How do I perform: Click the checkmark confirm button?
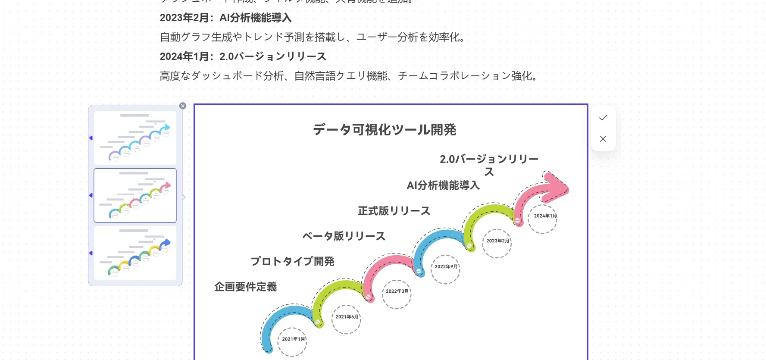[603, 118]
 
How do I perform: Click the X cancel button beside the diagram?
[603, 139]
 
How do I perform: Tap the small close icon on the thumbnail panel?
[183, 106]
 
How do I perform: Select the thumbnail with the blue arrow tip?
[135, 138]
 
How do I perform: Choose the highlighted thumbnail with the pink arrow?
[135, 195]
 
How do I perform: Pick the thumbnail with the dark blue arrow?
[135, 253]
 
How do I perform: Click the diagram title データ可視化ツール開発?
[385, 130]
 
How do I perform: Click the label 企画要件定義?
[246, 287]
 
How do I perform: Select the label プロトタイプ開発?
[293, 261]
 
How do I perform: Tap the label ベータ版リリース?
[344, 236]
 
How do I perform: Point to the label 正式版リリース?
[394, 211]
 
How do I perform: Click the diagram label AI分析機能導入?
[443, 185]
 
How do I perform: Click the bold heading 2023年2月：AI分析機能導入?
[225, 18]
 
